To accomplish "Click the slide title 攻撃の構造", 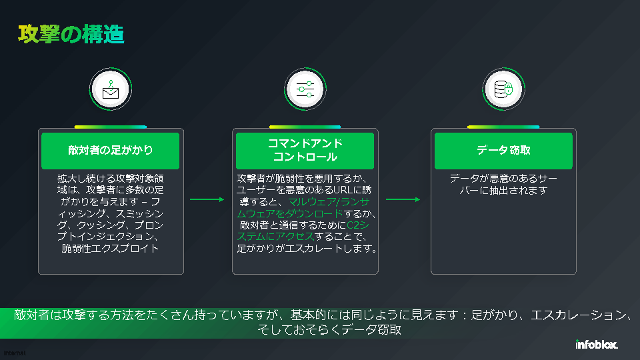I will tap(71, 35).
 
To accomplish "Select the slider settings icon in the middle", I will tap(305, 89).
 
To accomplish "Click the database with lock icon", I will tap(503, 89).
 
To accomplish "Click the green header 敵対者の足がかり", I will tap(111, 151).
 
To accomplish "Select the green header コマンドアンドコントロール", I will tap(305, 151).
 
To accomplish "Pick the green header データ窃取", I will tap(503, 151).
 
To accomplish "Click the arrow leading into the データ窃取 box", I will tap(403, 199).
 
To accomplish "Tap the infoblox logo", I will tap(596, 345).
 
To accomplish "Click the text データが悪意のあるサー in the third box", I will tap(503, 179).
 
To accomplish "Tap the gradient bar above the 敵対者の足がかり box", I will tap(111, 127).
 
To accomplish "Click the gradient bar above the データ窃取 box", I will tap(503, 127).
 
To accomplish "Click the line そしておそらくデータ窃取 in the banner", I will tap(329, 330).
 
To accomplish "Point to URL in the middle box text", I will tap(343, 190).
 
